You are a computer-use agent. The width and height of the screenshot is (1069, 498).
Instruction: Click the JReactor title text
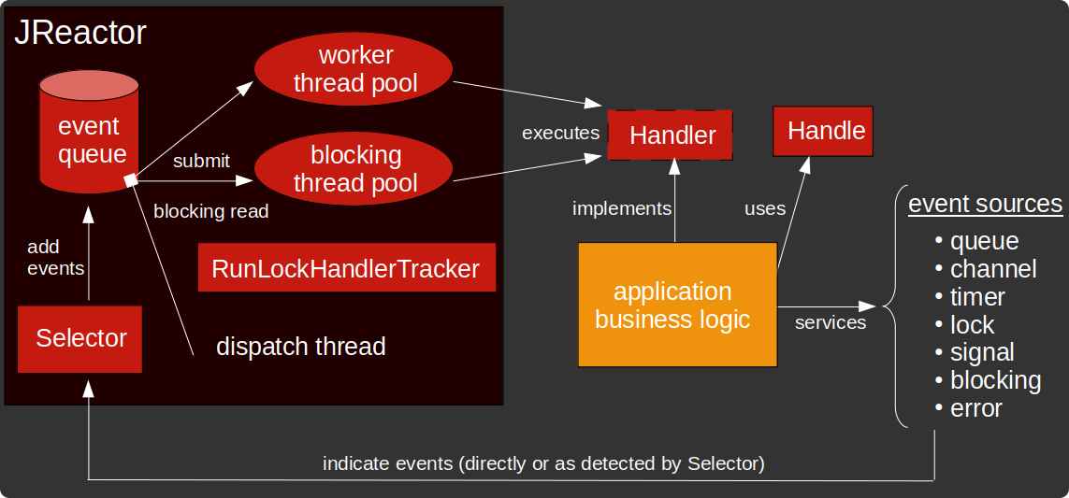click(x=80, y=33)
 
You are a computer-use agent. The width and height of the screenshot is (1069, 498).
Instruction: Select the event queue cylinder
click(x=89, y=135)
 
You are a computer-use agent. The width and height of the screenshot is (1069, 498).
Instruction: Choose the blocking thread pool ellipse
click(x=354, y=168)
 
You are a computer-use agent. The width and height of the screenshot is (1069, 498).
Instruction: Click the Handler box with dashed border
click(x=671, y=135)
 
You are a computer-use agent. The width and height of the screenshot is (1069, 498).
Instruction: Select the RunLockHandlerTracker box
click(x=345, y=269)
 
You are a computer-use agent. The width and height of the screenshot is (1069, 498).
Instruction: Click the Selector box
click(x=80, y=338)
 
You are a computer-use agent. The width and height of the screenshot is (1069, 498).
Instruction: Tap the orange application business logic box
click(x=678, y=305)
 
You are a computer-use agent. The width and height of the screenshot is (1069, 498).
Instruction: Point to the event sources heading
click(x=985, y=204)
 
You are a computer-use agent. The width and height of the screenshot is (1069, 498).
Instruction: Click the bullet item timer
click(x=976, y=297)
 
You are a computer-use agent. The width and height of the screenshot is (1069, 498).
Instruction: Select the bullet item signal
click(x=981, y=352)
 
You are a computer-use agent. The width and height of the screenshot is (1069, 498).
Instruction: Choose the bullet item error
click(x=975, y=408)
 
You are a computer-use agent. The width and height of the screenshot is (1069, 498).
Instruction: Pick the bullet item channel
click(x=992, y=269)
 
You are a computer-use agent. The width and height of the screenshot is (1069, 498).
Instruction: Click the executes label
click(x=560, y=133)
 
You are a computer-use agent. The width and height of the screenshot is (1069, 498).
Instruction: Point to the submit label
click(x=201, y=161)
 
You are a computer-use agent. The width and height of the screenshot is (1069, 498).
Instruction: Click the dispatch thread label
click(x=300, y=347)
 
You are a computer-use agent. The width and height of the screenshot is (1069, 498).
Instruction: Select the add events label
click(x=55, y=258)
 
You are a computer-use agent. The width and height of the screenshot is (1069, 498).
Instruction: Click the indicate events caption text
click(x=543, y=463)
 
